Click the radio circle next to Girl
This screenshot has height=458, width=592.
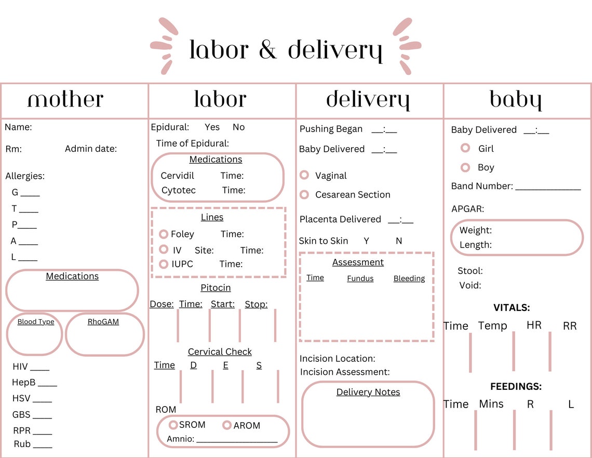[465, 148]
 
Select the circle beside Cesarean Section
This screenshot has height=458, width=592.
[304, 194]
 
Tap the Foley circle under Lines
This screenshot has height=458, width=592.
[164, 234]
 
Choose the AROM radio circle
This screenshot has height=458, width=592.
[226, 425]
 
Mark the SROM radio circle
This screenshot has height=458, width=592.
[173, 425]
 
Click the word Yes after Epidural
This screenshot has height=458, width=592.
[212, 127]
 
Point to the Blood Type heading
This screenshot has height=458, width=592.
[36, 322]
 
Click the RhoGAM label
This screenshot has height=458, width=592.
[103, 322]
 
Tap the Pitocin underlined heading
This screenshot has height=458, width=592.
[216, 287]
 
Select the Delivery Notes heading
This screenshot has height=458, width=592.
[368, 392]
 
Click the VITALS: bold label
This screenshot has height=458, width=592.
[512, 308]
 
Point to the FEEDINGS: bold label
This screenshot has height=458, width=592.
[516, 386]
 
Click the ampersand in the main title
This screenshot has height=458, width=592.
[267, 49]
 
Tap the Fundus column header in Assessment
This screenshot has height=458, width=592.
[360, 279]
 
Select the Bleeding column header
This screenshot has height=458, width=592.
[409, 279]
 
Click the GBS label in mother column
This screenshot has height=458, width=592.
[21, 414]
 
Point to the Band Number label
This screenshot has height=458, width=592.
[482, 186]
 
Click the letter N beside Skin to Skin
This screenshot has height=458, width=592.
[399, 241]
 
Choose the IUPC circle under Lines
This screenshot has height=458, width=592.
[164, 264]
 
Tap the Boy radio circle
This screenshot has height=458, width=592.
[465, 167]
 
